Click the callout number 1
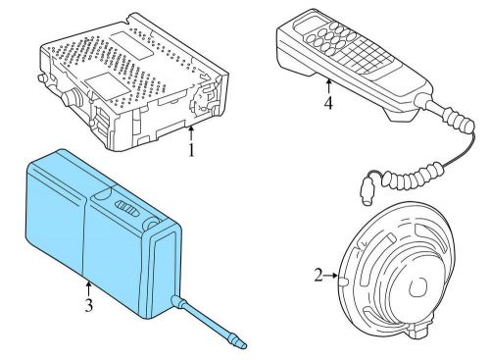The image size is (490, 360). pyautogui.click(x=191, y=150)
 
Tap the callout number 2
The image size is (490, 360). pyautogui.click(x=318, y=275)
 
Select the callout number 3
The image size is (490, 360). pyautogui.click(x=89, y=305)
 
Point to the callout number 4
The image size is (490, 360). pyautogui.click(x=328, y=103)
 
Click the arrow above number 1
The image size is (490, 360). pyautogui.click(x=191, y=134)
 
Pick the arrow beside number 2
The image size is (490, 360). pyautogui.click(x=330, y=276)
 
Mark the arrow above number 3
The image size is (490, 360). pyautogui.click(x=88, y=288)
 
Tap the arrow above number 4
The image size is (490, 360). pyautogui.click(x=328, y=87)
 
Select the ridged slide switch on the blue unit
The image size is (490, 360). pyautogui.click(x=126, y=208)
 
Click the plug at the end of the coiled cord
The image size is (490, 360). pyautogui.click(x=367, y=192)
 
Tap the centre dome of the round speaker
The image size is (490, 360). pyautogui.click(x=418, y=286)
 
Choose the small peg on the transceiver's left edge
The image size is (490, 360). pyautogui.click(x=41, y=78)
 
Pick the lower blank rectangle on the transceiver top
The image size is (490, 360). pyautogui.click(x=105, y=86)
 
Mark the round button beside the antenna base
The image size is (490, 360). pyautogui.click(x=152, y=224)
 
